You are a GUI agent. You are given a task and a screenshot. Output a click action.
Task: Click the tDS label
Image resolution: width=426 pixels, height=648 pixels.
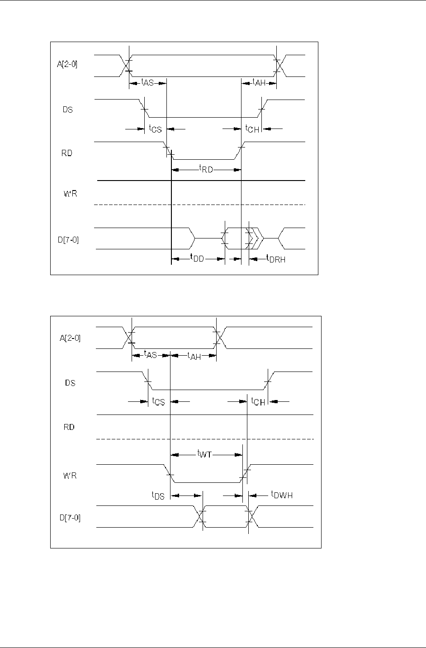tap(158, 496)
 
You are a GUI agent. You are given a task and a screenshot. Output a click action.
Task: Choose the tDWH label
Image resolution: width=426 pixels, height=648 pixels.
tap(282, 495)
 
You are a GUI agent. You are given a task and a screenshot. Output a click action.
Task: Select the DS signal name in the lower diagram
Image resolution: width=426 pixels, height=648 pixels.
tap(70, 383)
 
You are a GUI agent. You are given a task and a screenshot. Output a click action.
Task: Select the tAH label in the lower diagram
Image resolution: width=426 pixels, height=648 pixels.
tap(194, 356)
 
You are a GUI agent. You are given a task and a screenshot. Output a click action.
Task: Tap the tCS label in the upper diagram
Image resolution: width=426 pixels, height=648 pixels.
tap(155, 129)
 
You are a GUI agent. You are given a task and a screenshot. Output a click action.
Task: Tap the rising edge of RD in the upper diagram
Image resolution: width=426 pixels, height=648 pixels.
tap(241, 147)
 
